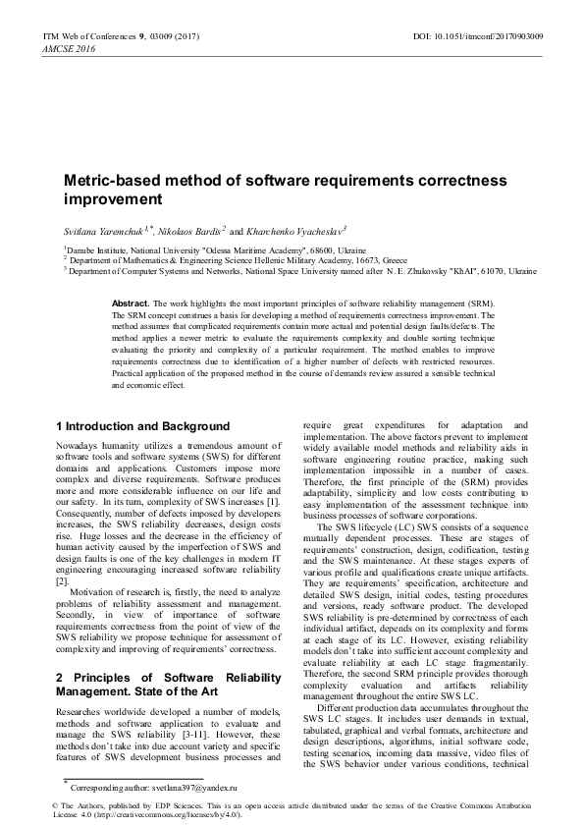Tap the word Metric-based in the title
click(x=110, y=181)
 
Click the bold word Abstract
click(x=131, y=304)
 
